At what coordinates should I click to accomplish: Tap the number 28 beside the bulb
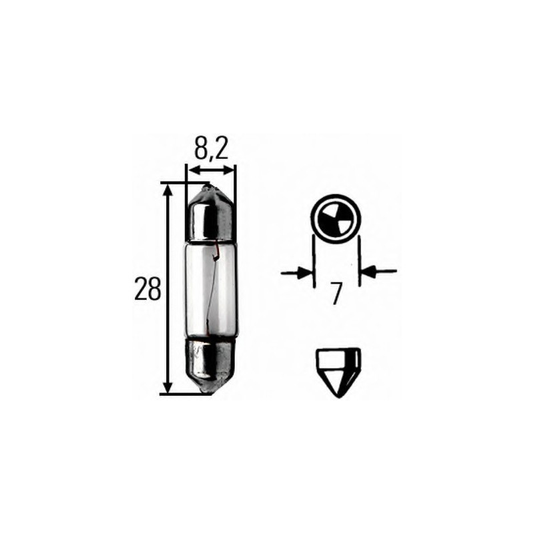[x=148, y=289]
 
